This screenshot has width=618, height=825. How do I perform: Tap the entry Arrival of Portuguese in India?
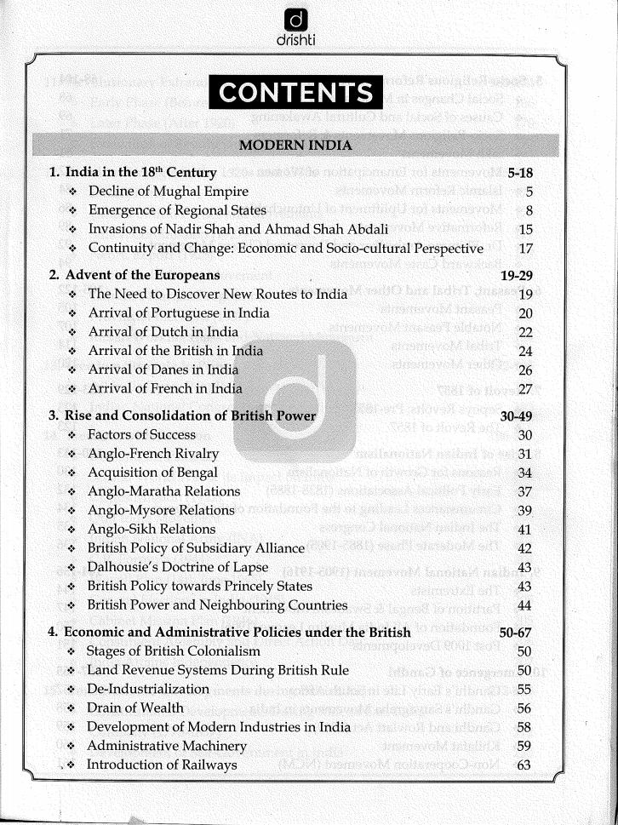pyautogui.click(x=179, y=312)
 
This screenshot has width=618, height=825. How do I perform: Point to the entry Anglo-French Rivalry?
pyautogui.click(x=153, y=453)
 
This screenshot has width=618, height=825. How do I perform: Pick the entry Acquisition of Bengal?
pyautogui.click(x=153, y=472)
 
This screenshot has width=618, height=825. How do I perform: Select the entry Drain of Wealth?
pyautogui.click(x=135, y=708)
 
